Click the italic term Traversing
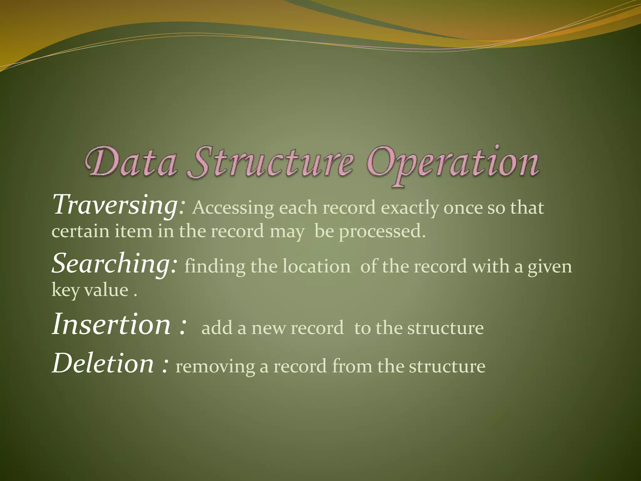click(x=116, y=205)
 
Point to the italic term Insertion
click(x=111, y=324)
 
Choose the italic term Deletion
click(x=103, y=364)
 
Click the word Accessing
click(x=233, y=208)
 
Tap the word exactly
click(x=410, y=208)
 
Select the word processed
click(x=382, y=232)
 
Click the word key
click(x=65, y=290)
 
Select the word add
click(x=217, y=328)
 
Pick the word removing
click(x=215, y=367)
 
